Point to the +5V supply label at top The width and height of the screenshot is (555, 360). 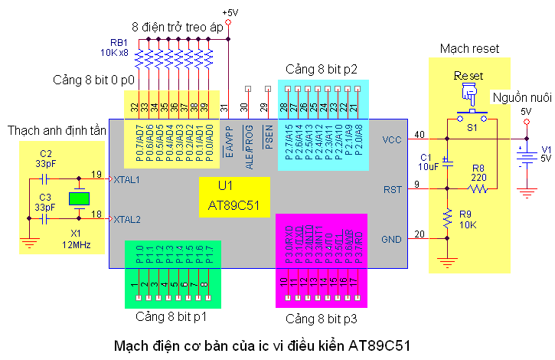pos(229,13)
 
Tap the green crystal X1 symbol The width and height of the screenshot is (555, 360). pos(79,199)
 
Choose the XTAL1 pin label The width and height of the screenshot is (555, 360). pos(126,179)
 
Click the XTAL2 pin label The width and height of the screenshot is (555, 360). pos(126,219)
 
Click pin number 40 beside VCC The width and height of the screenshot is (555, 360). pos(420,135)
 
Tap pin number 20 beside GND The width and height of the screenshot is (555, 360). pos(420,234)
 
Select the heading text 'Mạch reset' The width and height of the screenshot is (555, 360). pos(469,48)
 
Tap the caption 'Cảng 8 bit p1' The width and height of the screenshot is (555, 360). pos(172,316)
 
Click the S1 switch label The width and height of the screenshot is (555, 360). pos(472,129)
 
